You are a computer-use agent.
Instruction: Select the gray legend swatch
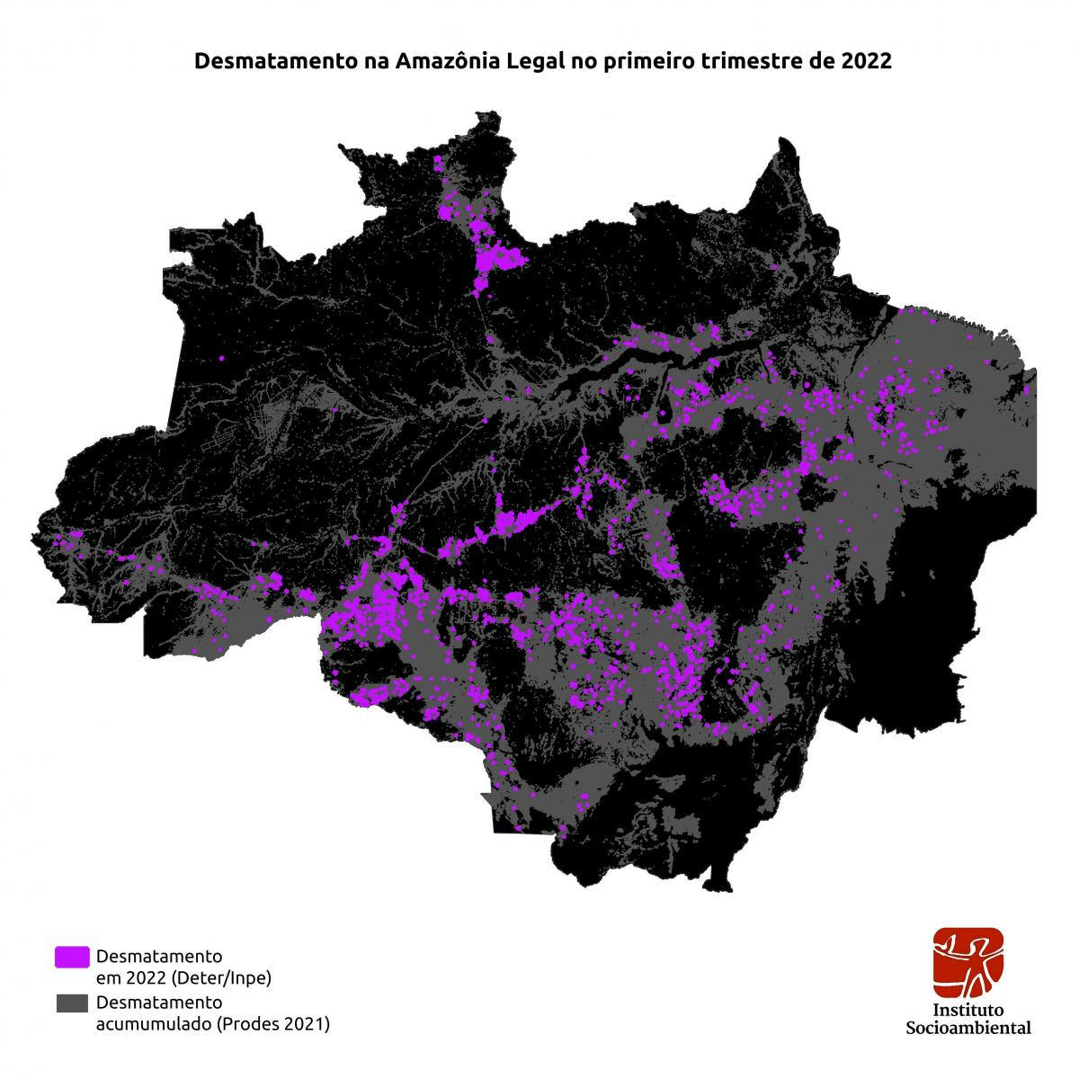coord(72,1003)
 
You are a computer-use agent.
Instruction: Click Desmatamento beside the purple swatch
coord(159,955)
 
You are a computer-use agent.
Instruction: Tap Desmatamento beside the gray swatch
coord(159,1002)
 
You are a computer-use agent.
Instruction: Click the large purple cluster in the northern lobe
coord(495,259)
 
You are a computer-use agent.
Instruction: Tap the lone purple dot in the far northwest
coord(221,358)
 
